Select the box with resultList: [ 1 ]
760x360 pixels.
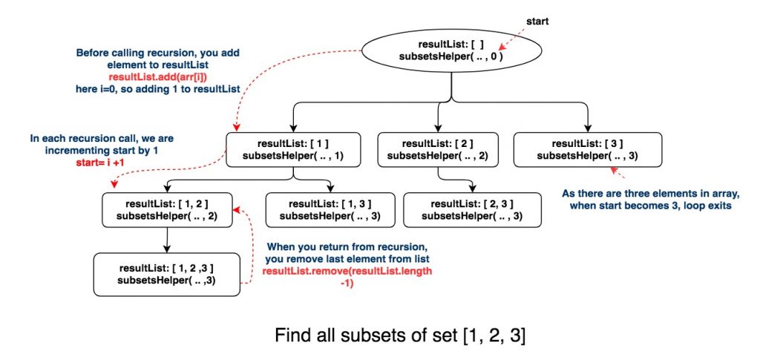point(293,149)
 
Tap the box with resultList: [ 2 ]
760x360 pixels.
point(436,149)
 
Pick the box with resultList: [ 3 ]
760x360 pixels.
point(586,149)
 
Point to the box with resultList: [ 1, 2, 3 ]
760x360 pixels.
point(167,273)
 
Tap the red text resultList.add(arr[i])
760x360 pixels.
point(159,77)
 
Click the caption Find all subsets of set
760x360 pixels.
point(401,336)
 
